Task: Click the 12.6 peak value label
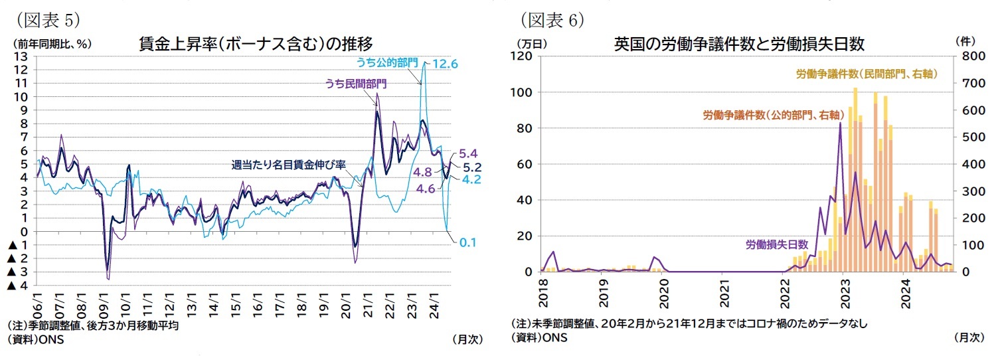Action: pos(446,64)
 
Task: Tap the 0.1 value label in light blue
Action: pos(468,243)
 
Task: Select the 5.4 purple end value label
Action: pos(469,153)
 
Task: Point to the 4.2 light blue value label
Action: pos(471,180)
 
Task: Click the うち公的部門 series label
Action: pos(387,63)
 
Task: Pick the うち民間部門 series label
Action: pos(355,84)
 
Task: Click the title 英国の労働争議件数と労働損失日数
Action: pos(738,44)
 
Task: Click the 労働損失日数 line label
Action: pos(776,244)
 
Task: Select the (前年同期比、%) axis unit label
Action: pos(52,43)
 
